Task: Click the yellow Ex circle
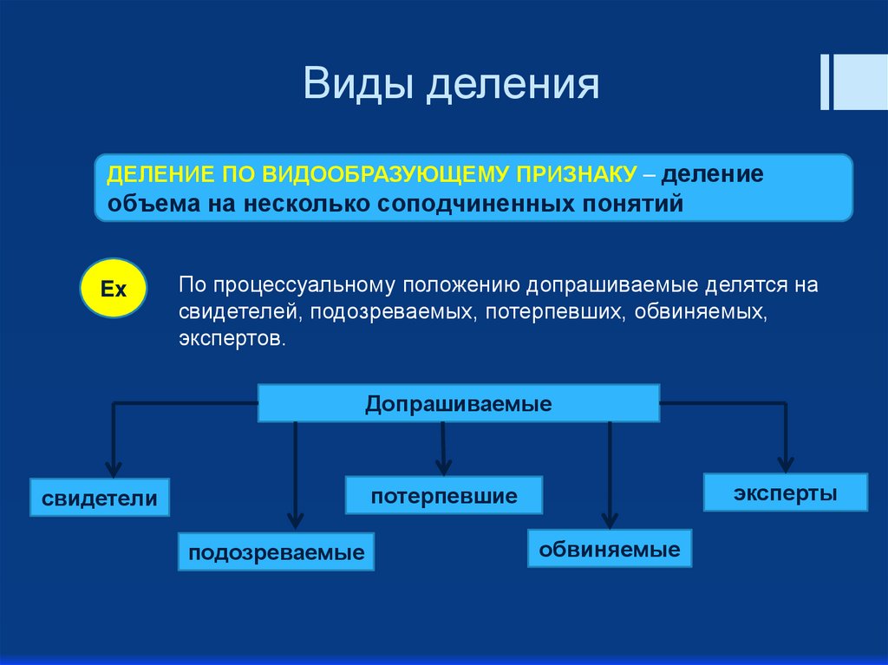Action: [114, 288]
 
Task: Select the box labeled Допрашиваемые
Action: [459, 404]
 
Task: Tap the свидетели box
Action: [100, 498]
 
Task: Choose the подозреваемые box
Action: [277, 552]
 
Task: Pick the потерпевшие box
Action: [444, 496]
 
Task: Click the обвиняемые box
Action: [610, 549]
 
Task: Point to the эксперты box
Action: [786, 492]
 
